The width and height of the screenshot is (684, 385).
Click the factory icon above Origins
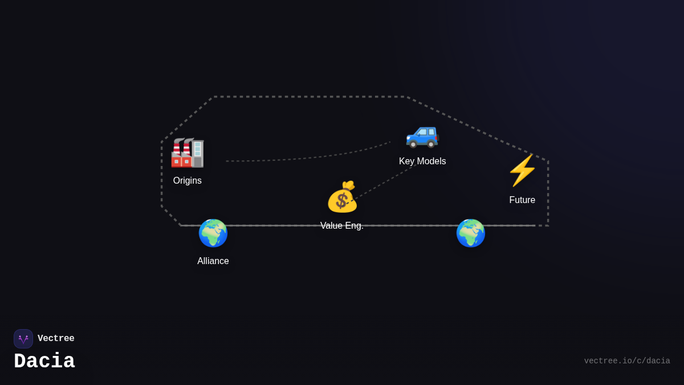[x=188, y=153]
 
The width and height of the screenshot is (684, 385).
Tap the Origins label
[x=188, y=181]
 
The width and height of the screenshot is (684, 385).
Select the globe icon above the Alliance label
[x=213, y=233]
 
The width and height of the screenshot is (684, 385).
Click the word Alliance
[x=213, y=261]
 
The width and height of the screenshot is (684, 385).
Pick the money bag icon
[x=342, y=197]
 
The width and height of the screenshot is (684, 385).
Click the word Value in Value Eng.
[x=332, y=226]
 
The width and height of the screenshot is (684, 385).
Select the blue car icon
[x=422, y=135]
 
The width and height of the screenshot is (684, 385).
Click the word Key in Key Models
[x=407, y=161]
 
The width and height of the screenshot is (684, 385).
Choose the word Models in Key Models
[x=431, y=161]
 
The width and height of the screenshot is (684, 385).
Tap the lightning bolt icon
[x=522, y=171]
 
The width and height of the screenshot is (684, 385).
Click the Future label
[x=522, y=200]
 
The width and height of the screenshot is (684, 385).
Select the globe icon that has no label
[x=471, y=233]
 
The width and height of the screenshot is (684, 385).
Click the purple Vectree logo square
[x=23, y=339]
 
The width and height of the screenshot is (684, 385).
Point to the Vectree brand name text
[x=56, y=339]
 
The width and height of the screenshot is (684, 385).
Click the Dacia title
[x=44, y=362]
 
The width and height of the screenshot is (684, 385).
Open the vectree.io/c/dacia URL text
[x=627, y=361]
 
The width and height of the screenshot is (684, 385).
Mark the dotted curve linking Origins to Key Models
[x=308, y=156]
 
